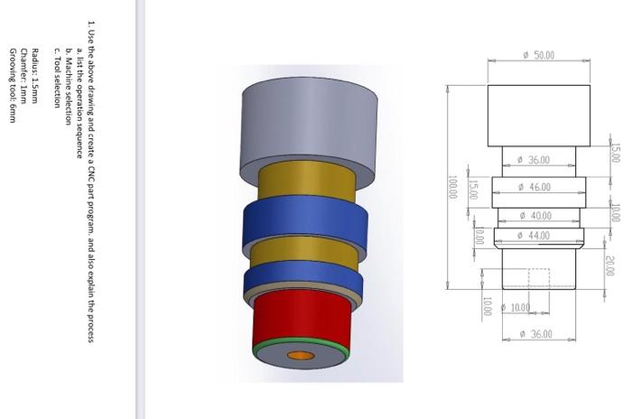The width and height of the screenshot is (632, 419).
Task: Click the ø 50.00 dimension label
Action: point(538,56)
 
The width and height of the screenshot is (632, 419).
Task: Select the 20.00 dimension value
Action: point(610,265)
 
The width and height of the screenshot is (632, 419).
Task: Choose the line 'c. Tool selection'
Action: point(58,77)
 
